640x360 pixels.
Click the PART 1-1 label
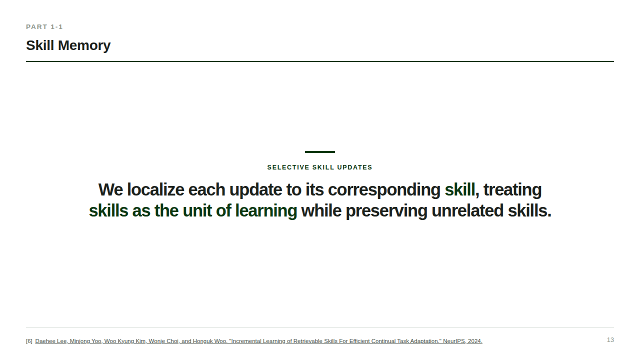44,27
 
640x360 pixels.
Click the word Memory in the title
84,45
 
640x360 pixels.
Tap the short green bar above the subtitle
320,152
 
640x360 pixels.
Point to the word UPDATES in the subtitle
354,167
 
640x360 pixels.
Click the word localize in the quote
155,189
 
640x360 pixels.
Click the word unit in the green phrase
197,210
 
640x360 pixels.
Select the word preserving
386,211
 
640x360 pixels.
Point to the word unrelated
467,210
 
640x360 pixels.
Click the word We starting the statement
110,189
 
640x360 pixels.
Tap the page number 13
610,340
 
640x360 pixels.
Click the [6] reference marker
29,341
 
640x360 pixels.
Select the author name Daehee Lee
51,341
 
